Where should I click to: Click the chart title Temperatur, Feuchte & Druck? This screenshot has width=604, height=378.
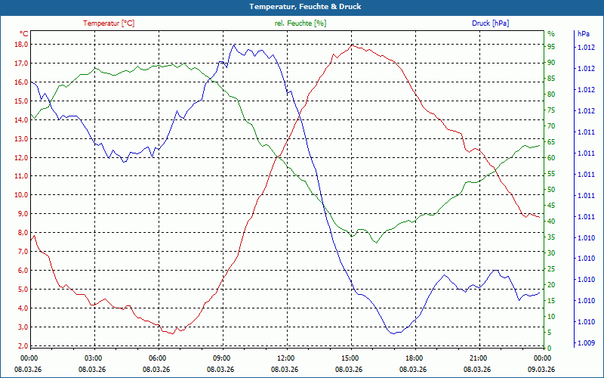point(301,7)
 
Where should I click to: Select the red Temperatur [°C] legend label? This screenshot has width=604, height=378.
point(109,23)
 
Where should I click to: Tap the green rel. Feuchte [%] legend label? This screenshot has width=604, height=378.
point(300,23)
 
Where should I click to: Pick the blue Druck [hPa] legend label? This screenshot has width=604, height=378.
point(490,23)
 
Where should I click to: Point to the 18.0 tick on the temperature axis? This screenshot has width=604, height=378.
point(20,45)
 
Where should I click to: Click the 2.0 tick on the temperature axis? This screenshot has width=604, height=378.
point(23,346)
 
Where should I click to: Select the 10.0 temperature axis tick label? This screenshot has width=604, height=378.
point(20,195)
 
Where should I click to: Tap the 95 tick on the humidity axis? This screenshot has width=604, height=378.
point(551,46)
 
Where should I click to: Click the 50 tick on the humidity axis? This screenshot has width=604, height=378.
point(551,190)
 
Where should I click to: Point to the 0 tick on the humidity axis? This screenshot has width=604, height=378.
point(550,349)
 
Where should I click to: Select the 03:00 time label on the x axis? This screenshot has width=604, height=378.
point(94,358)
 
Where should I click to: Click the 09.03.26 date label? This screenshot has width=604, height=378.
point(540,370)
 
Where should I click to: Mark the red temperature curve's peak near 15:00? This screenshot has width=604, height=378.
point(352,45)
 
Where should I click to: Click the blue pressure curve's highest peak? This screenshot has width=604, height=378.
point(234,45)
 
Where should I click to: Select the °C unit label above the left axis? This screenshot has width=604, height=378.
point(24,34)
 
